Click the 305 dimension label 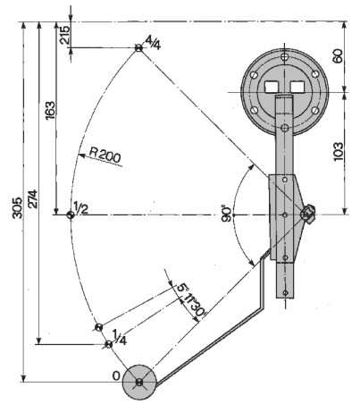18,207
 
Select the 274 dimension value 32,198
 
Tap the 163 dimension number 50,111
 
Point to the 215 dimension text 64,35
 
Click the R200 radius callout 105,156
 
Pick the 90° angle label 227,213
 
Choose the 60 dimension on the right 338,56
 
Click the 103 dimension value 338,152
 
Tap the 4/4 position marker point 138,47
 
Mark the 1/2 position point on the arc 71,215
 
